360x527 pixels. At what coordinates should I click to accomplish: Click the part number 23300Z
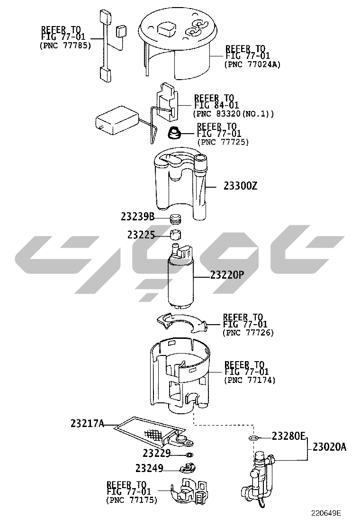pos(241,186)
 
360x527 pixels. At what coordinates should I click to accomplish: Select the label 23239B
pos(138,217)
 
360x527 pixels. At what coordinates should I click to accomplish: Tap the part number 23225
pos(141,235)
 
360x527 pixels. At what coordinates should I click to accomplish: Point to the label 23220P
pos(227,275)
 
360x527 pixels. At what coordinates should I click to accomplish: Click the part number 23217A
pos(87,423)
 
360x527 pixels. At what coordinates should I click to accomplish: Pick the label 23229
pos(156,454)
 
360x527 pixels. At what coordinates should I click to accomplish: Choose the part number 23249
pos(149,468)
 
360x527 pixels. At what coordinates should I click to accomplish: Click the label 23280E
pos(288,436)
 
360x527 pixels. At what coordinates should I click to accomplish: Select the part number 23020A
pos(329,447)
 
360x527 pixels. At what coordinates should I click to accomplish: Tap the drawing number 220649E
pos(326,513)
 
